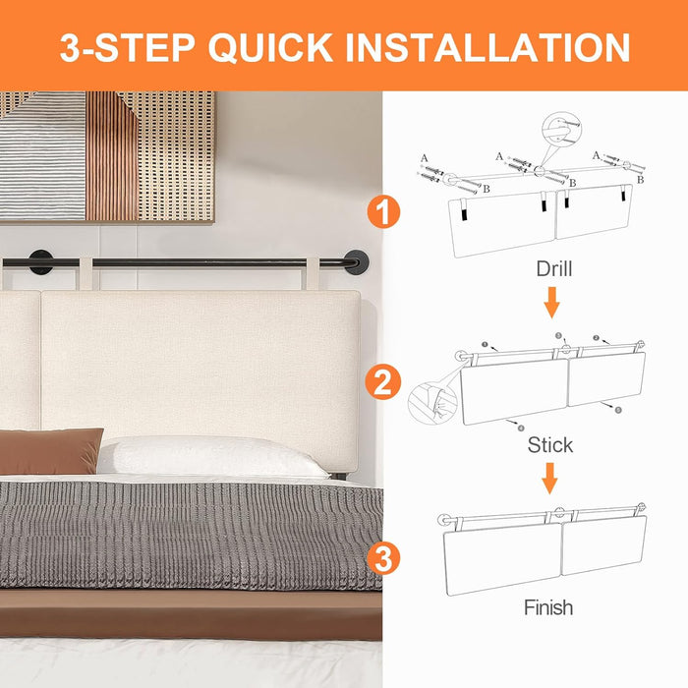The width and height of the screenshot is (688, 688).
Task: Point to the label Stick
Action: pyautogui.click(x=549, y=445)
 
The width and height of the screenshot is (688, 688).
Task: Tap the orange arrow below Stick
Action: pyautogui.click(x=550, y=479)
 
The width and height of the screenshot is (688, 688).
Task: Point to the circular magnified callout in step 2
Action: pyautogui.click(x=431, y=402)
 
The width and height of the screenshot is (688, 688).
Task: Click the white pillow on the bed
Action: pyautogui.click(x=211, y=457)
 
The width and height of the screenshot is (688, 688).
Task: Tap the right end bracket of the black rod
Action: pyautogui.click(x=358, y=262)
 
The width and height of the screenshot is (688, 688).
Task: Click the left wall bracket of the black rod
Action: pyautogui.click(x=41, y=262)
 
